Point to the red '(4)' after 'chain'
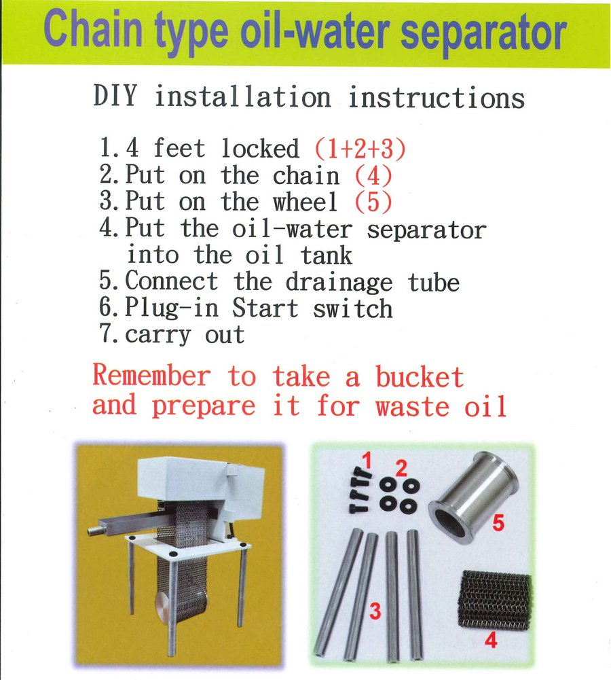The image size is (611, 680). pyautogui.click(x=373, y=175)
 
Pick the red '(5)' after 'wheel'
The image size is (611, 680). pyautogui.click(x=373, y=202)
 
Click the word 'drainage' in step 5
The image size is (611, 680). pyautogui.click(x=339, y=282)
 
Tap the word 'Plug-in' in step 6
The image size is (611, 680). pyautogui.click(x=172, y=308)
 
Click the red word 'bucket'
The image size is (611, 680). pyautogui.click(x=420, y=376)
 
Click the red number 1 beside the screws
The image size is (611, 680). pyautogui.click(x=367, y=462)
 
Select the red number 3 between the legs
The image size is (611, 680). pyautogui.click(x=375, y=611)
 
